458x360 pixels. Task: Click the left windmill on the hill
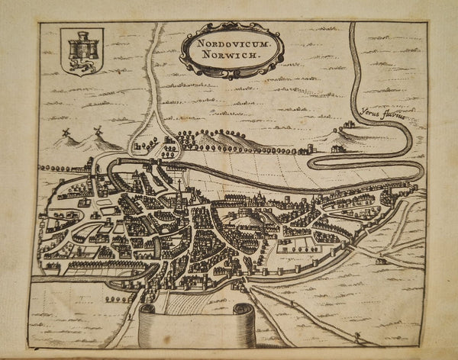tap(66, 133)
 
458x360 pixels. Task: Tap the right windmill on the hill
tap(97, 131)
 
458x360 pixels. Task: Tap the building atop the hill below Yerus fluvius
tap(348, 124)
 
